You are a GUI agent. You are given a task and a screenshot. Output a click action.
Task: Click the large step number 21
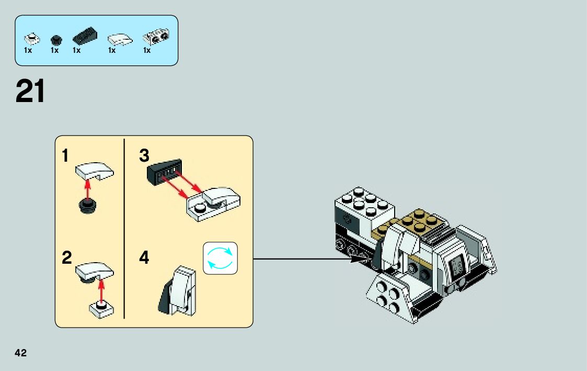30,92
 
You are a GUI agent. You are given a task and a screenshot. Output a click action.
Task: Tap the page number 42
21,353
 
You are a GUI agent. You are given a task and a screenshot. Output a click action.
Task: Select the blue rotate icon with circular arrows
220,257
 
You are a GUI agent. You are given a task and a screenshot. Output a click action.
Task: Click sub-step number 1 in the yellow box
65,155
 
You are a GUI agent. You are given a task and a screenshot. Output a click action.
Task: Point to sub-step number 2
66,257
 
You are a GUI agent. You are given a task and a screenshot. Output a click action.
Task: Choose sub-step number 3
144,155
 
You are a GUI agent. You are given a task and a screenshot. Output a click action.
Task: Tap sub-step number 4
144,257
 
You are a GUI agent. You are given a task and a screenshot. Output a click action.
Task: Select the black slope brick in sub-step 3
164,172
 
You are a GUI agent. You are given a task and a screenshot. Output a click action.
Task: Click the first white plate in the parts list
32,39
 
